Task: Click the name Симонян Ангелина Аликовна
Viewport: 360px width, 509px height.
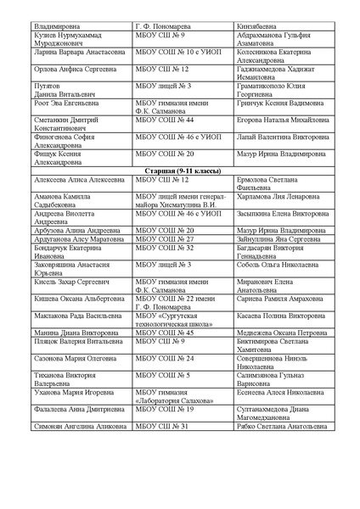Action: (75, 426)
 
